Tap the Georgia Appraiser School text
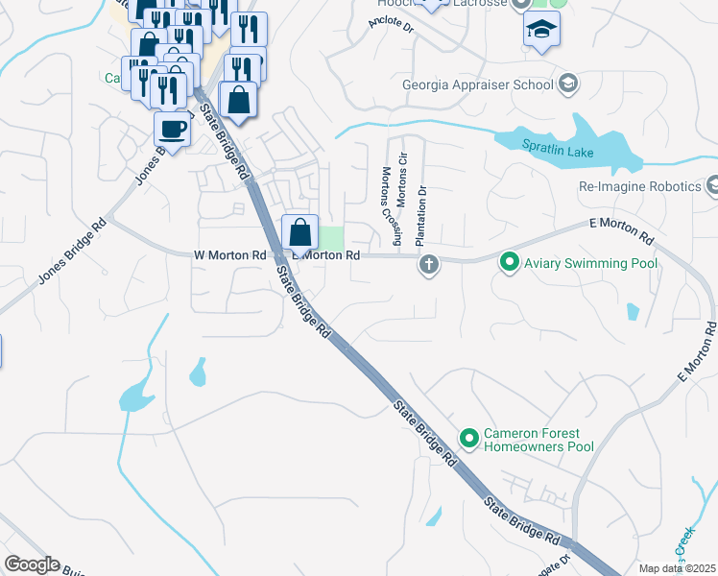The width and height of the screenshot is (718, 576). [x=478, y=84]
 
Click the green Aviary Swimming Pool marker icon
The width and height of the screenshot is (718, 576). [x=509, y=262]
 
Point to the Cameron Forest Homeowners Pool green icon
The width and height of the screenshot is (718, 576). [x=469, y=439]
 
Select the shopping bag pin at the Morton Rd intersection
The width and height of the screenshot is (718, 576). [x=299, y=231]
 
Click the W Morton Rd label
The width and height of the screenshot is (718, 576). [x=229, y=255]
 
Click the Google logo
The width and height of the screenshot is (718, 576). [x=32, y=564]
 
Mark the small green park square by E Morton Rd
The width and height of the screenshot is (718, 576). [x=331, y=237]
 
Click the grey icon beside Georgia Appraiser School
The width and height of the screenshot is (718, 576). [x=567, y=84]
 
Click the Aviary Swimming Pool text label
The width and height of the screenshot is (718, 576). [x=590, y=263]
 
